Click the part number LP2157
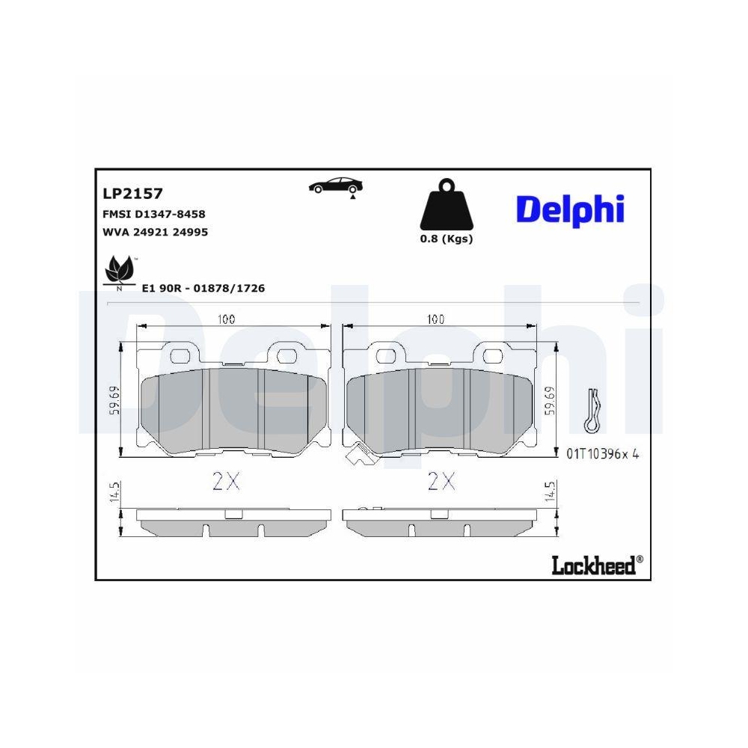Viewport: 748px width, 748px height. (x=132, y=194)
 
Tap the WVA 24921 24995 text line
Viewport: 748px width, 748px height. (x=154, y=232)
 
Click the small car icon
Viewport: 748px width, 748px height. (x=337, y=187)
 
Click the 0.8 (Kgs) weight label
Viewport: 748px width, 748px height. (x=447, y=239)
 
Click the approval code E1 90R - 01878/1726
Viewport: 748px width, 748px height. (x=203, y=288)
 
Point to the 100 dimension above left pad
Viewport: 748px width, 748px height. (x=226, y=319)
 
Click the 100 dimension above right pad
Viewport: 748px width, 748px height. (x=435, y=319)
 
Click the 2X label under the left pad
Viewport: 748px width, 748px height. (x=225, y=482)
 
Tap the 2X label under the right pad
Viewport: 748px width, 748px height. (x=441, y=482)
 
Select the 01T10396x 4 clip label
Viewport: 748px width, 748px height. (x=603, y=454)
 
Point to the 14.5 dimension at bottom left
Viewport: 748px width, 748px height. (x=114, y=494)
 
